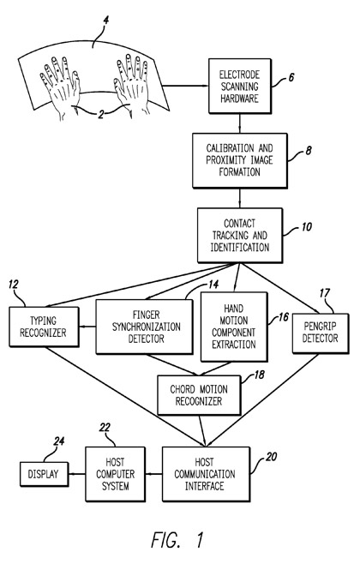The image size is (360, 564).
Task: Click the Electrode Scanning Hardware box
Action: [x=240, y=87]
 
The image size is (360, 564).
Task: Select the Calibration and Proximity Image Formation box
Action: [x=240, y=160]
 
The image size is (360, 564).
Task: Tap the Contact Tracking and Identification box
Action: [x=240, y=235]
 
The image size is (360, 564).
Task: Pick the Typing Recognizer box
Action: [x=44, y=327]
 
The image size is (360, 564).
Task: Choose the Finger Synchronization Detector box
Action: [x=144, y=327]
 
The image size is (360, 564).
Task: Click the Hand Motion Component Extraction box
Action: [x=234, y=327]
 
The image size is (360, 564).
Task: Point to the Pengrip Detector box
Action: [x=321, y=333]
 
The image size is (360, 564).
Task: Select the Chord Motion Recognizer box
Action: [x=199, y=395]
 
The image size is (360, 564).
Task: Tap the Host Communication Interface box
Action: [x=206, y=474]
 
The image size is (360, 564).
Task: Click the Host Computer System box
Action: [x=116, y=474]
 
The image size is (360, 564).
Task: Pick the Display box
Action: [x=44, y=474]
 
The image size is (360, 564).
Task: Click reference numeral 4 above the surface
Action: [x=105, y=21]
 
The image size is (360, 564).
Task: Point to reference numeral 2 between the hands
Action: [x=100, y=114]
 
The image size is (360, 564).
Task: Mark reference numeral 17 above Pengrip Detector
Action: [x=324, y=293]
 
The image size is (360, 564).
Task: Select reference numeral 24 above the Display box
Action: [x=58, y=441]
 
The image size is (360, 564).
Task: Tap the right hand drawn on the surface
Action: [x=131, y=85]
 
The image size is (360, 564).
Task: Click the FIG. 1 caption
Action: [x=177, y=539]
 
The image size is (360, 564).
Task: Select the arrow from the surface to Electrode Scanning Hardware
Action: [x=185, y=86]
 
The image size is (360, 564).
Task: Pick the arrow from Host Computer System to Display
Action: [x=77, y=474]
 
